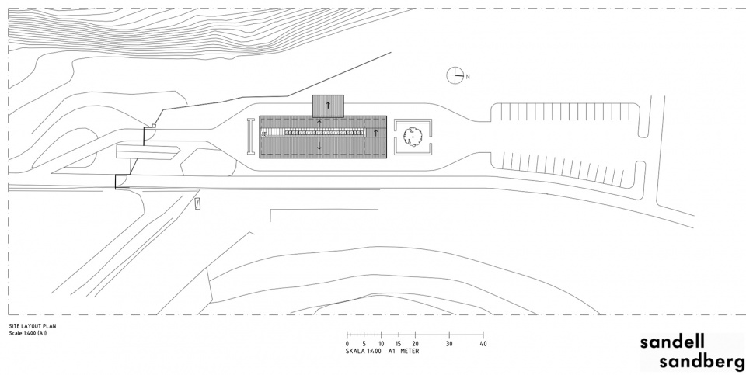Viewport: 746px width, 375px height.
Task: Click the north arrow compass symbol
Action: (x=455, y=75)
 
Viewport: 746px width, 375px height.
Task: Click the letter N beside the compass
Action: (x=468, y=77)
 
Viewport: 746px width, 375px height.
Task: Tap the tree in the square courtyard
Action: (x=413, y=137)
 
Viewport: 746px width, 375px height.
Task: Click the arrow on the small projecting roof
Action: (x=328, y=105)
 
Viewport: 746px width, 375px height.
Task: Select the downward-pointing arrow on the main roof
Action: (x=319, y=145)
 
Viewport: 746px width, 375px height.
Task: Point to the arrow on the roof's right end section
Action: (x=375, y=132)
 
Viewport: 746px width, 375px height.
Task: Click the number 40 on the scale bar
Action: (x=483, y=344)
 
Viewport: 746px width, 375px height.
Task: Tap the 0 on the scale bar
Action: (x=347, y=344)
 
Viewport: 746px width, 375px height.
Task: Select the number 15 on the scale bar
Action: (x=398, y=344)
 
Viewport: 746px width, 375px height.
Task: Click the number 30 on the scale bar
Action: (x=449, y=344)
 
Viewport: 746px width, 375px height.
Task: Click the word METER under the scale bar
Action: (x=410, y=351)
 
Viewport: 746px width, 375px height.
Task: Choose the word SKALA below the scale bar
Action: (x=354, y=351)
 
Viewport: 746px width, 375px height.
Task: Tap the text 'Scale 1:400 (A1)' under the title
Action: (x=28, y=333)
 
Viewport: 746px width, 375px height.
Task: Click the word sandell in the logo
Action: (x=672, y=342)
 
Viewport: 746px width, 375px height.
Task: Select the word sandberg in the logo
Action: (x=702, y=362)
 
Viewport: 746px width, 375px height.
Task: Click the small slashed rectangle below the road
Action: (x=198, y=203)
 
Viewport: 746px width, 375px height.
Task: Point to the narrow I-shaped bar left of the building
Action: (x=251, y=137)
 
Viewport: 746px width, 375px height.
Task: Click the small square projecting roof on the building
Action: (x=328, y=106)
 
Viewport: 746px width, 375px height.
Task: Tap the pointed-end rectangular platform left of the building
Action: (x=148, y=152)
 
